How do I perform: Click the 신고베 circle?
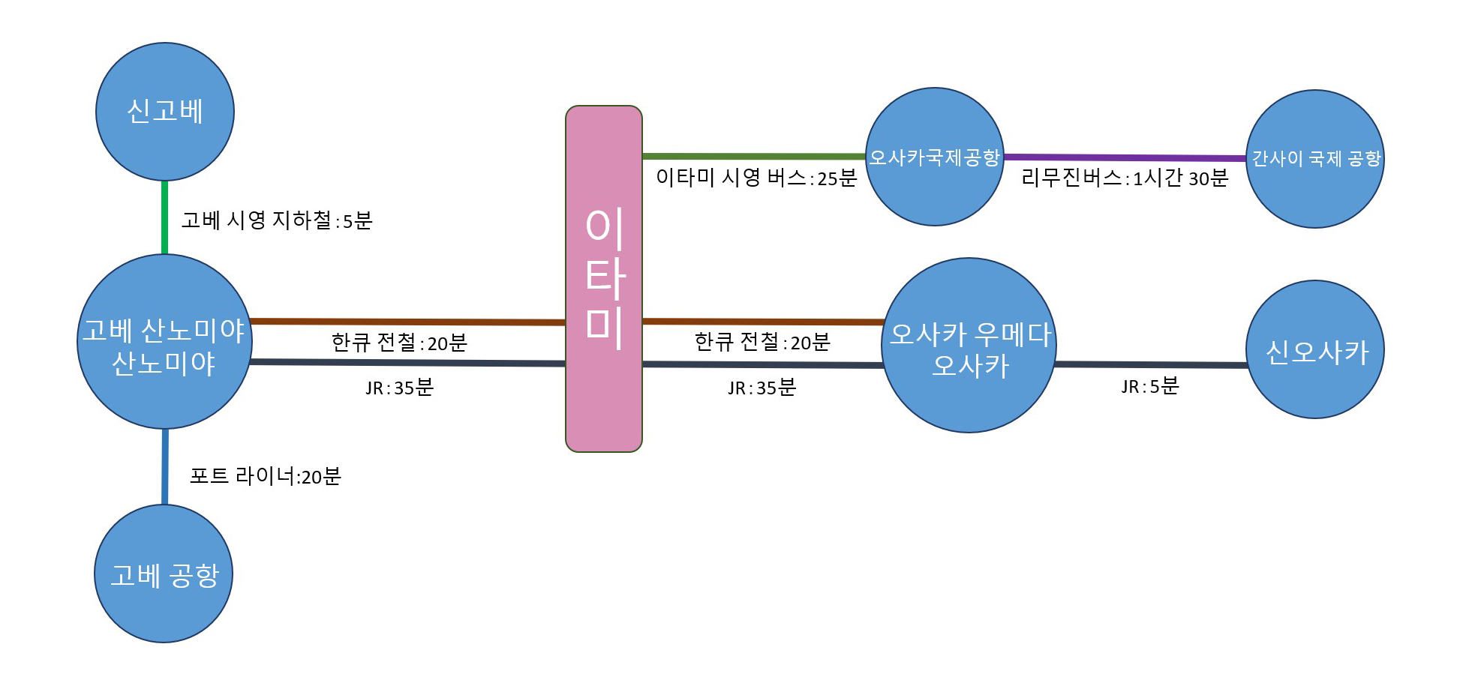165,112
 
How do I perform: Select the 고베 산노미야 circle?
165,342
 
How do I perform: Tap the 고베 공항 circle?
164,574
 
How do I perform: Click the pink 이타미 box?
604,279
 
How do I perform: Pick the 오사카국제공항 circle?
935,157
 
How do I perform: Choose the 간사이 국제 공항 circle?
1315,159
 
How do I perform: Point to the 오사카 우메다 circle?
969,346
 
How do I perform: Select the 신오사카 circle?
1315,349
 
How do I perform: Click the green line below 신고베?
165,217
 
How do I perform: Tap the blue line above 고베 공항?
165,466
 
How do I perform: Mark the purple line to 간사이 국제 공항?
1125,157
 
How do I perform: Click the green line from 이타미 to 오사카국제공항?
754,156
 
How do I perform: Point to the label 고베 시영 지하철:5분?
277,220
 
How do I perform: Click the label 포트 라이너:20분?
266,476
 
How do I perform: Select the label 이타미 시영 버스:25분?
756,178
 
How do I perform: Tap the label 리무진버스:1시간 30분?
1125,178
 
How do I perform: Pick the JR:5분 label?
1150,386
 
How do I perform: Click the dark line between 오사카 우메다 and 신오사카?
1152,364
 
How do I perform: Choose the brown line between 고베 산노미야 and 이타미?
407,322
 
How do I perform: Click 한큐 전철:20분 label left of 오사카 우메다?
762,342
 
